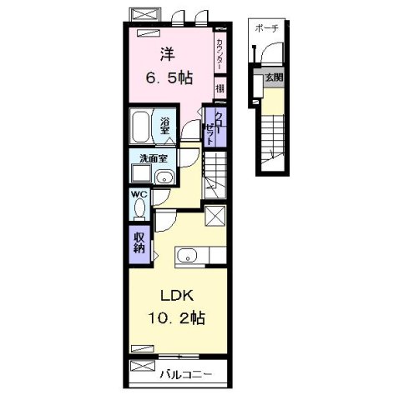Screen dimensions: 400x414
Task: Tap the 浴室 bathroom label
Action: pyautogui.click(x=165, y=127)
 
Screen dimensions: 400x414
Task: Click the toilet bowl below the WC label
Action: pyautogui.click(x=139, y=208)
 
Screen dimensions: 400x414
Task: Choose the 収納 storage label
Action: pyautogui.click(x=139, y=242)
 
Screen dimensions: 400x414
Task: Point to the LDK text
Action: pyautogui.click(x=172, y=296)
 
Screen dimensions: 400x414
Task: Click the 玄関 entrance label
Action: pyautogui.click(x=274, y=77)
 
